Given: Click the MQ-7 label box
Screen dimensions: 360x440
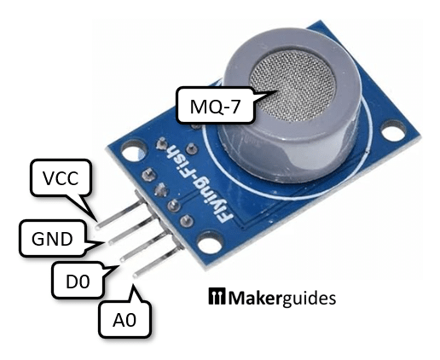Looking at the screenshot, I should [x=206, y=106].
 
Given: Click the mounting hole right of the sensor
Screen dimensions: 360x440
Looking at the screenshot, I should [x=393, y=135].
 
